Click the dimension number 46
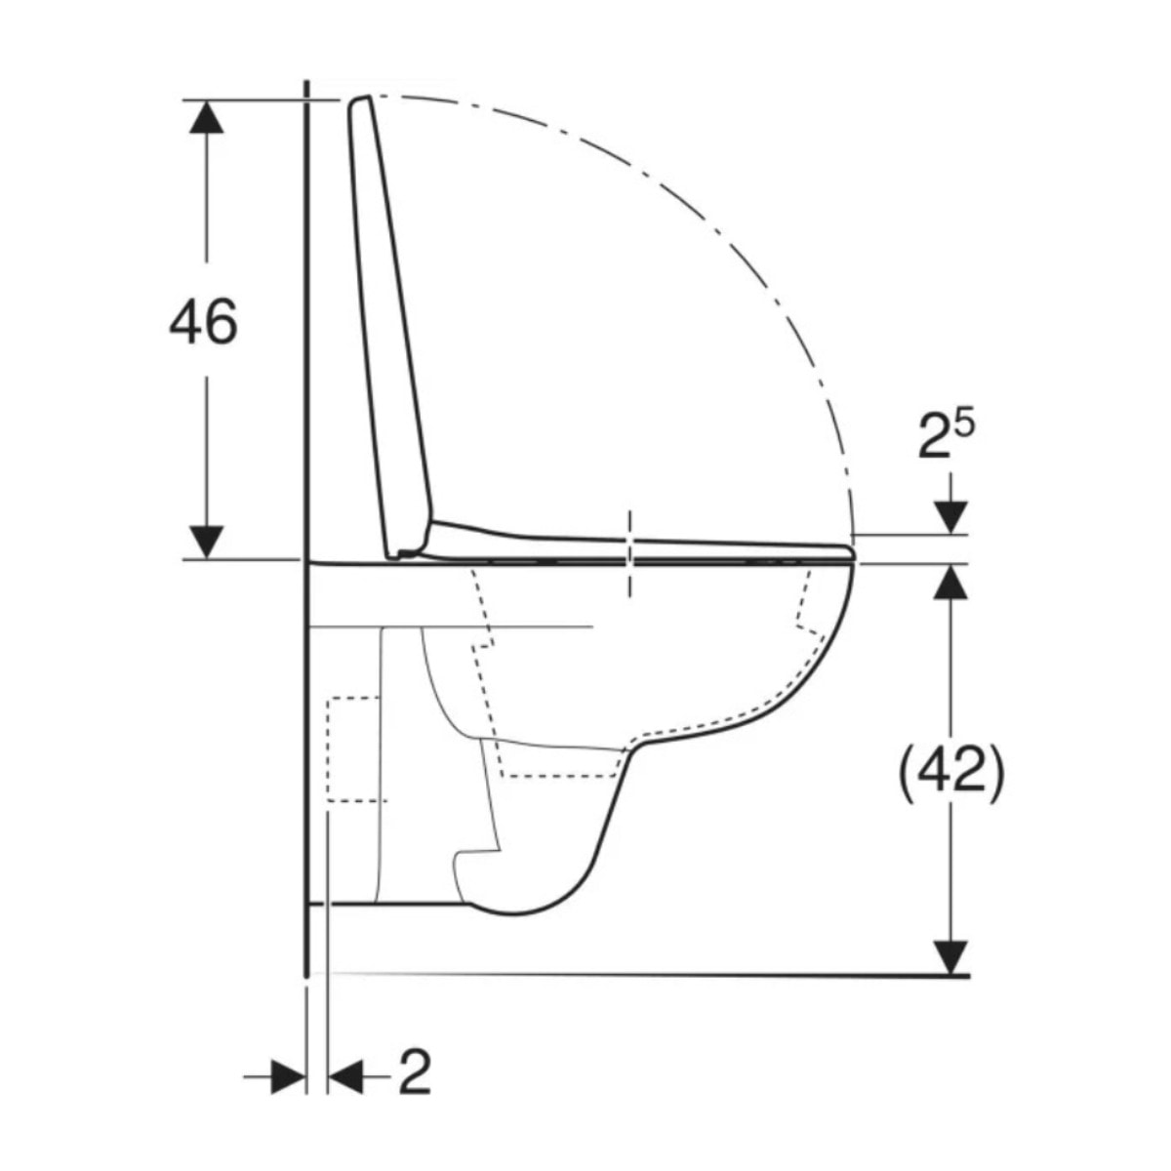click(203, 322)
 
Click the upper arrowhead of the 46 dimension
click(206, 117)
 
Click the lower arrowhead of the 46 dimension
click(206, 542)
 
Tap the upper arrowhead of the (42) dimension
click(950, 582)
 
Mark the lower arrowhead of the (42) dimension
click(950, 956)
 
